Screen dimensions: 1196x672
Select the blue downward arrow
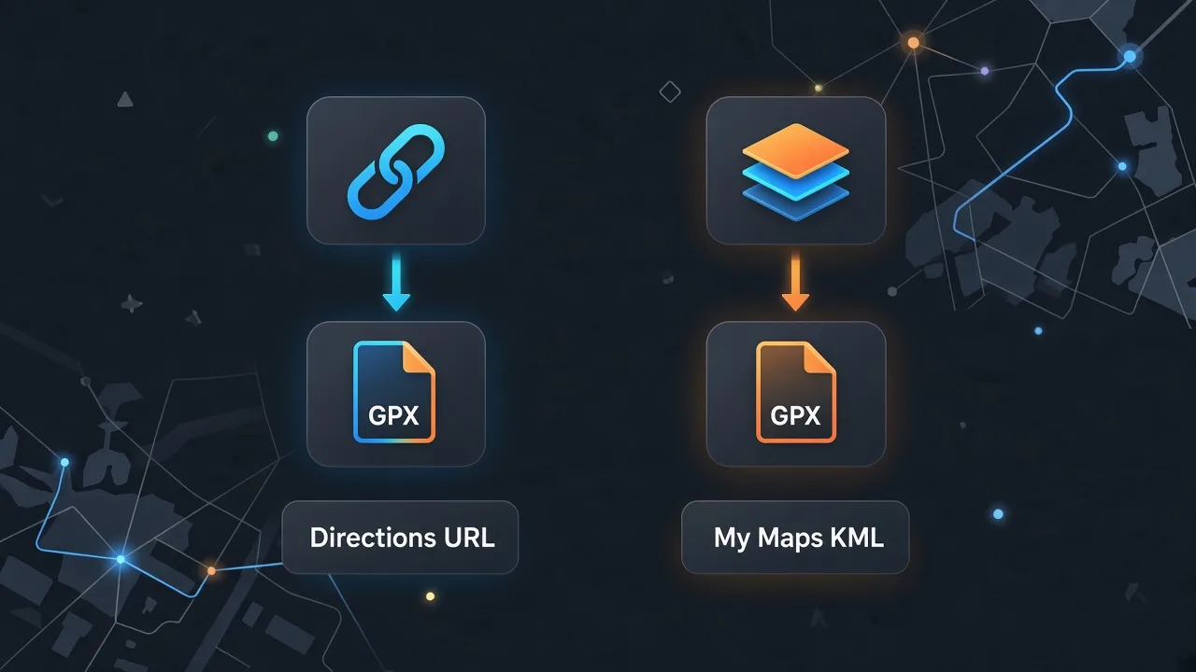click(x=396, y=282)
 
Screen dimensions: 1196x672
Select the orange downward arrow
click(x=795, y=282)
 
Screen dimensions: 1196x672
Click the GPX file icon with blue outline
click(x=394, y=392)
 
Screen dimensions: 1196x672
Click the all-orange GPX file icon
click(x=795, y=392)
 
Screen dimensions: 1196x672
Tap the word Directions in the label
click(x=373, y=538)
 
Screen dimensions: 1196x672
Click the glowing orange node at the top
click(x=914, y=43)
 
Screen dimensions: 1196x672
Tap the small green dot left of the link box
click(x=273, y=136)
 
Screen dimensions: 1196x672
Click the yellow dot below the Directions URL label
click(x=431, y=596)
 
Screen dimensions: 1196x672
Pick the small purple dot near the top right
click(x=985, y=71)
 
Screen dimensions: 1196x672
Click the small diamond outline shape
click(x=670, y=91)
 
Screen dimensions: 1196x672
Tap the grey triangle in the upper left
click(x=125, y=99)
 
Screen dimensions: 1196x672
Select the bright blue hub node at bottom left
click(x=121, y=559)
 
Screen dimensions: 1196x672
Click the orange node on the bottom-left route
click(x=211, y=571)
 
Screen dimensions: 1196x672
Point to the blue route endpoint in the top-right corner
click(x=1130, y=57)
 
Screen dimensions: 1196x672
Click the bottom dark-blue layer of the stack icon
click(x=795, y=203)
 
